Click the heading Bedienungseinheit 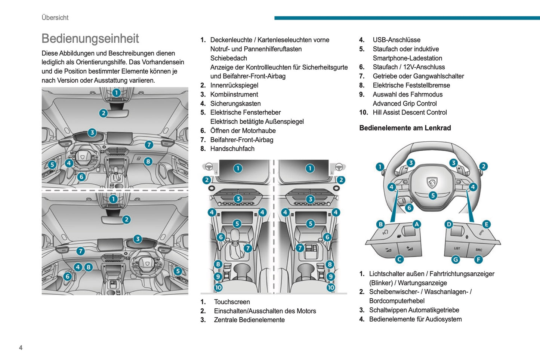tap(90, 39)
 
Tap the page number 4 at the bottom tap(21, 348)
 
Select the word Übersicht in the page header tap(55, 18)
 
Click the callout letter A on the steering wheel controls tap(416, 224)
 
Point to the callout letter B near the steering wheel tap(380, 224)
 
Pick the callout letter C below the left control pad tap(399, 259)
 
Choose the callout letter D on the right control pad tap(449, 224)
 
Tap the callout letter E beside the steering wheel tap(486, 224)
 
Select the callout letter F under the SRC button tap(478, 259)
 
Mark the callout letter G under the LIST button tap(456, 259)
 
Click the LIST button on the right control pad tap(457, 248)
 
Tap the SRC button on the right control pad tap(479, 249)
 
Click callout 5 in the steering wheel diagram tap(433, 195)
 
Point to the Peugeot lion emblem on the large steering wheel tap(432, 182)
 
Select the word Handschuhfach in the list tap(232, 149)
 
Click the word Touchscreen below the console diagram tap(232, 302)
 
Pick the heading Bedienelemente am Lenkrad tap(405, 128)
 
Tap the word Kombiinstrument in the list tap(234, 95)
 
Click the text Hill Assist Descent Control tap(410, 113)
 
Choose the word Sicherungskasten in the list tap(235, 104)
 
